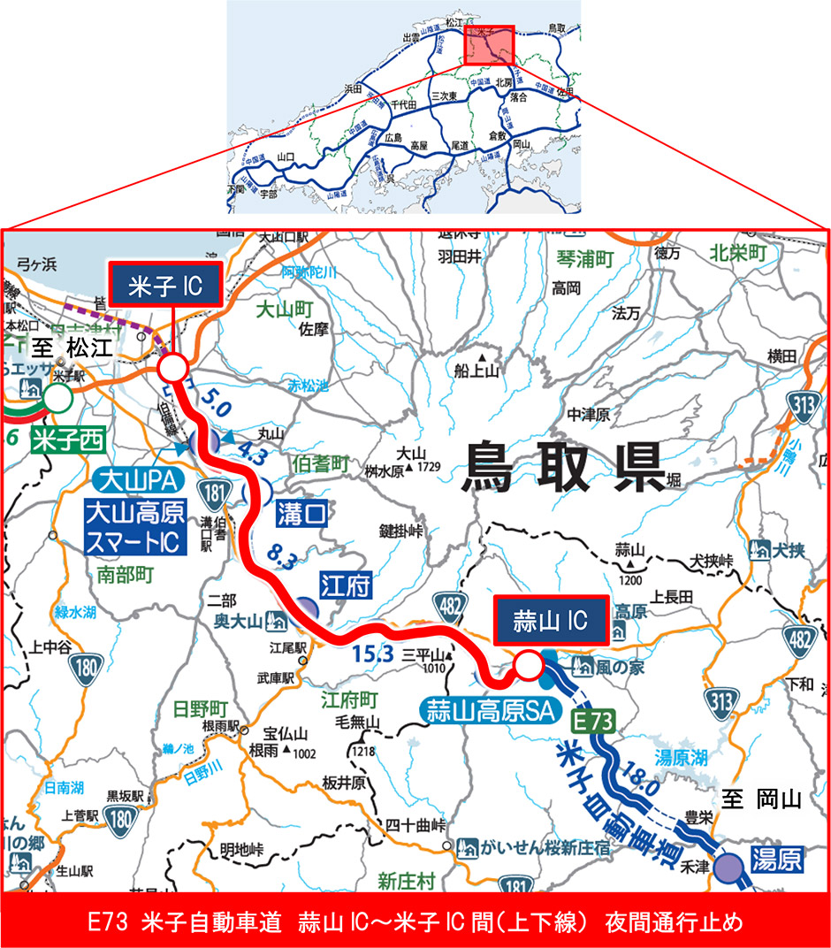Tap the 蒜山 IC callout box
pyautogui.click(x=550, y=622)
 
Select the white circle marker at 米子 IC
pyautogui.click(x=172, y=367)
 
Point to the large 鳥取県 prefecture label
pyautogui.click(x=563, y=467)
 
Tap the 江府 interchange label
pyautogui.click(x=345, y=585)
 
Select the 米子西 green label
pyautogui.click(x=62, y=440)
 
